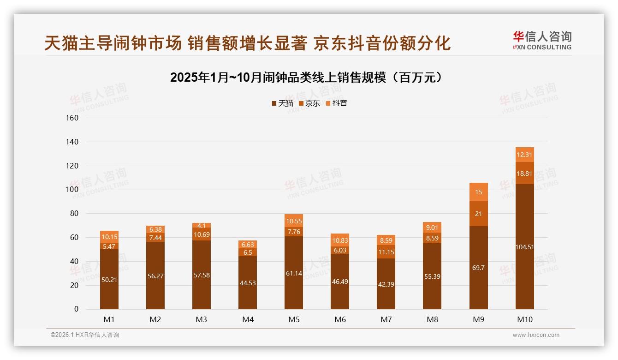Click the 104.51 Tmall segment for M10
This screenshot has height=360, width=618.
pos(524,247)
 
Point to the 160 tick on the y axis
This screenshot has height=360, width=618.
pos(73,118)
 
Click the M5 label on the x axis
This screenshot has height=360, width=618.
pos(294,319)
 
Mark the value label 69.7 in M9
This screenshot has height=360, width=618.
pos(478,268)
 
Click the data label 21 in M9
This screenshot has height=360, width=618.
pos(478,213)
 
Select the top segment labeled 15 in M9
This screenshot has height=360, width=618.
pos(478,192)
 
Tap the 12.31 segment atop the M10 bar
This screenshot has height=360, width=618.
pos(524,155)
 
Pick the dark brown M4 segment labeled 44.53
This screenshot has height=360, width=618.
pos(248,282)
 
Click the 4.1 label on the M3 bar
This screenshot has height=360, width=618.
pos(202,225)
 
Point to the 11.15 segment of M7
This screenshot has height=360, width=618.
pos(386,252)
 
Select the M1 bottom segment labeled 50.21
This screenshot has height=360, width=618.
pos(109,279)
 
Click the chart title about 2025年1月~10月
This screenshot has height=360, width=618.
pos(306,78)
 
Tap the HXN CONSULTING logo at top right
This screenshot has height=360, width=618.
pos(542,40)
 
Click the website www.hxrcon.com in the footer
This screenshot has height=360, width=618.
pos(536,335)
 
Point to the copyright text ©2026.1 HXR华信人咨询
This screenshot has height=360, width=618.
pos(85,335)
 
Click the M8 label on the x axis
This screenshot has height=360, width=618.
pos(432,319)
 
